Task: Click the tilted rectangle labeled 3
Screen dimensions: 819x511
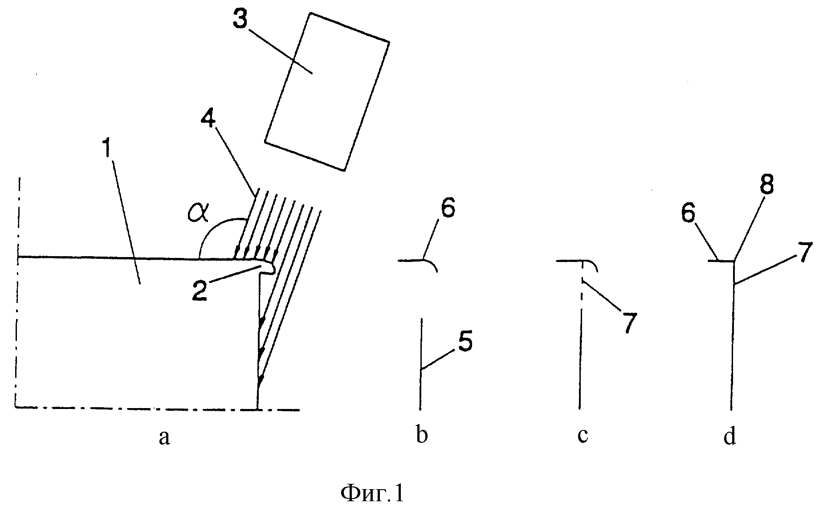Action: [x=327, y=92]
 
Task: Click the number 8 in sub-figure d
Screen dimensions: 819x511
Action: [x=766, y=184]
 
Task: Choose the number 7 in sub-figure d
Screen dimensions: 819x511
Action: [x=804, y=252]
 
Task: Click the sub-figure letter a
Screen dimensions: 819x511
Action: [x=164, y=437]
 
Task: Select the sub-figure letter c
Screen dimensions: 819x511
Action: [x=583, y=437]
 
